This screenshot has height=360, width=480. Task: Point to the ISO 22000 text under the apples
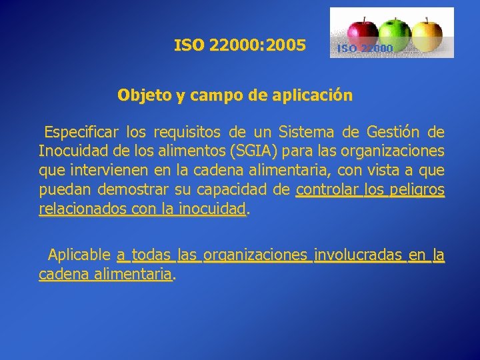pos(365,48)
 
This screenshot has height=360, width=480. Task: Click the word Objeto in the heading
pos(145,95)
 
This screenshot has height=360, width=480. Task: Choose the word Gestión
pos(387,131)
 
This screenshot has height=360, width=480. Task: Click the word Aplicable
pos(79,254)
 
